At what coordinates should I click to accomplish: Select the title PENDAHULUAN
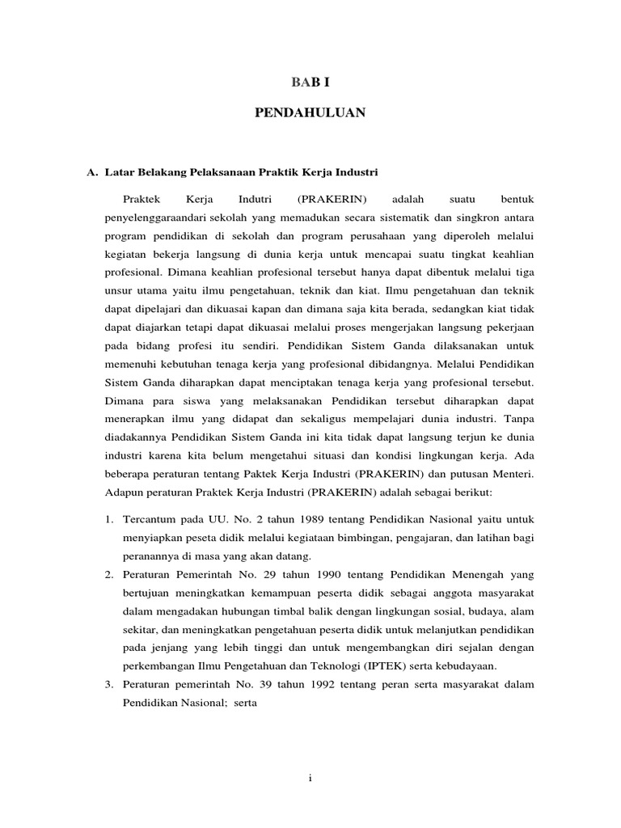point(310,113)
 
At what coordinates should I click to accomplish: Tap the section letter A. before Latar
point(91,172)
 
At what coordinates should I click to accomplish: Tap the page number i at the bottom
point(310,779)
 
